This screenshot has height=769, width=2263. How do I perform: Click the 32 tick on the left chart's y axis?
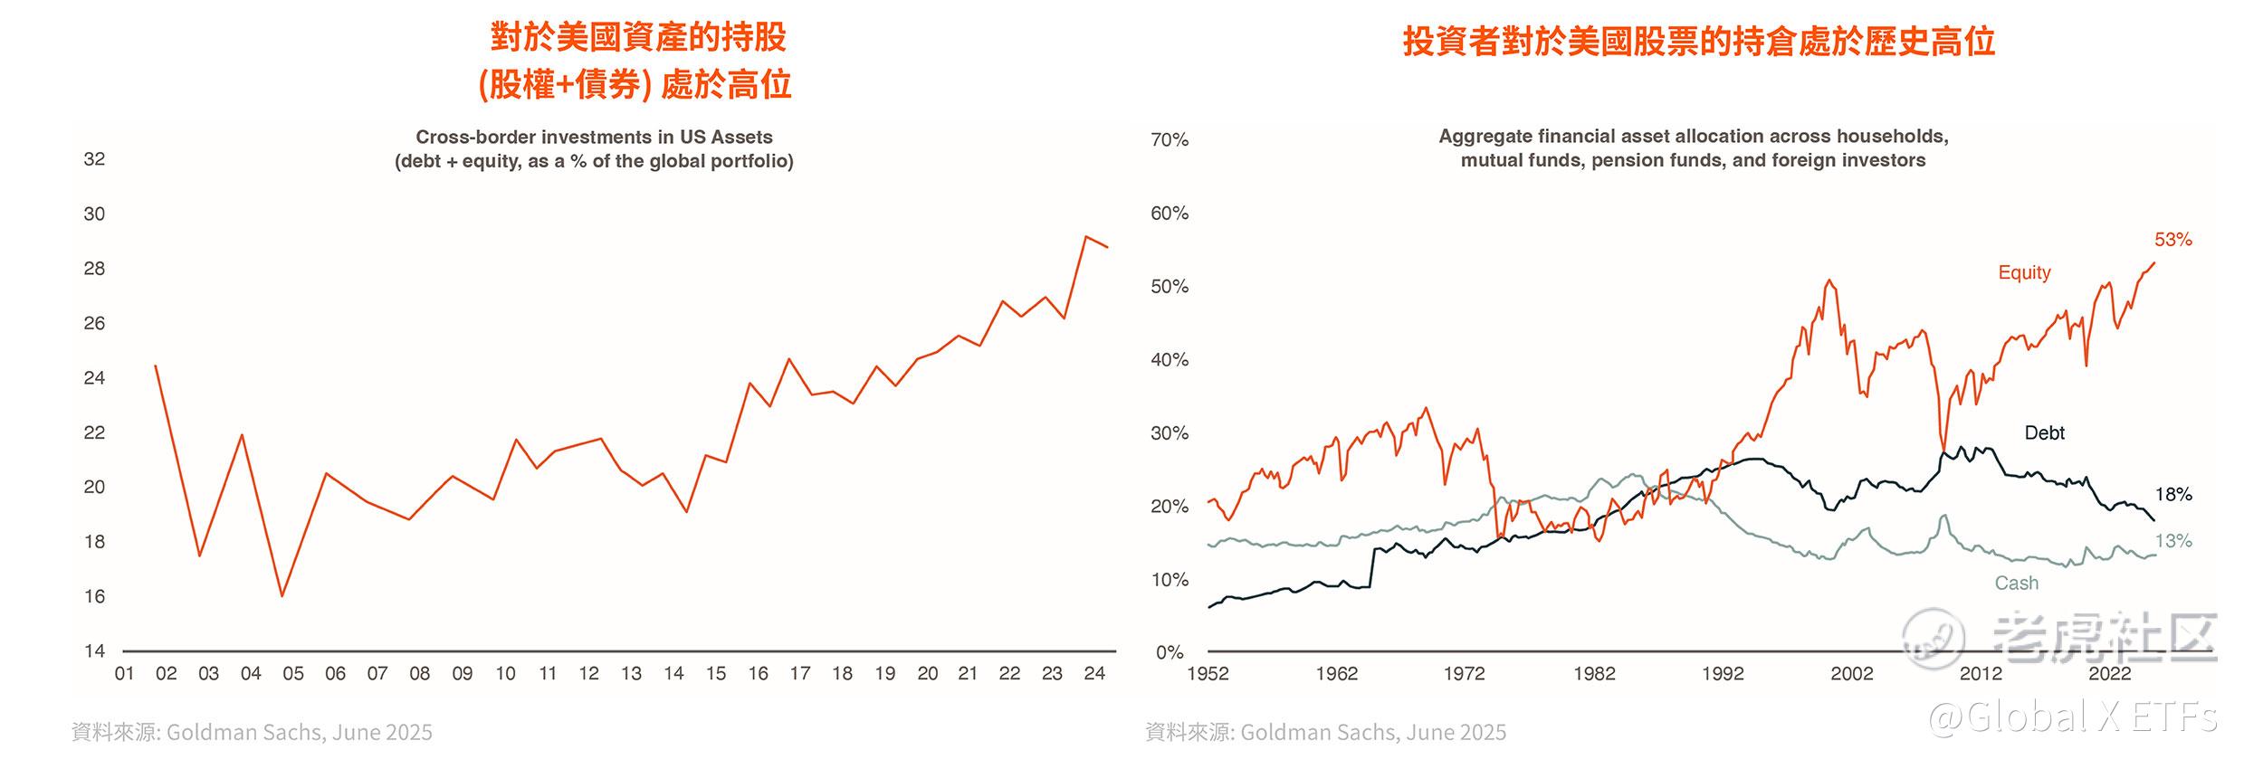click(94, 159)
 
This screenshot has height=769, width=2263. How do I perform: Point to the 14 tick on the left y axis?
click(94, 651)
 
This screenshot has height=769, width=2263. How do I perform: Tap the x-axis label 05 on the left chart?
click(292, 674)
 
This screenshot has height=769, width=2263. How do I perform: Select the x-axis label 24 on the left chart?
click(1094, 674)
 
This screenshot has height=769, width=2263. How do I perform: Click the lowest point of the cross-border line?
click(282, 596)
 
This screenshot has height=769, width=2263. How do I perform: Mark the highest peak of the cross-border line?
click(1085, 237)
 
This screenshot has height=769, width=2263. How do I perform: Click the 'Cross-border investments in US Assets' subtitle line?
click(594, 138)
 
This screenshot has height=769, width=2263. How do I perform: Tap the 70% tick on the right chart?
click(1170, 140)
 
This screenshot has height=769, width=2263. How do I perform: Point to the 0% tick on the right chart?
click(1170, 652)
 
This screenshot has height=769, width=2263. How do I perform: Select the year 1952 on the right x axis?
click(1208, 674)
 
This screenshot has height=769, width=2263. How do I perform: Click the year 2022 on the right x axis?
click(2109, 674)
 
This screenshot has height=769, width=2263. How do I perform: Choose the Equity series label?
click(2024, 272)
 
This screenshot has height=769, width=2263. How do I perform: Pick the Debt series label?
click(2044, 433)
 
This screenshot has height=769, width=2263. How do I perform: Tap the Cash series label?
click(2017, 584)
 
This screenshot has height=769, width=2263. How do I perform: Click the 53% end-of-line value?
click(2172, 240)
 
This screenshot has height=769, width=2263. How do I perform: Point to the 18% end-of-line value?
click(2172, 495)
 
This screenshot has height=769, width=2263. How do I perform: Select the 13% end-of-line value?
click(2172, 541)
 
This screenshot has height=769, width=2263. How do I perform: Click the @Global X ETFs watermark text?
click(2073, 718)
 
